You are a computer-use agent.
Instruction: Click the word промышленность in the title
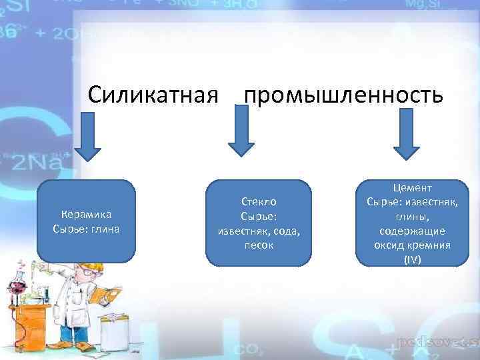point(343,95)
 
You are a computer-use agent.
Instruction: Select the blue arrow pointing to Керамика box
point(87,136)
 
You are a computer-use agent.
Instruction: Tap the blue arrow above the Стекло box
point(241,136)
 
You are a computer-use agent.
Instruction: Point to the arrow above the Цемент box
point(406,136)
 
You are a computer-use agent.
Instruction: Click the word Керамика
point(86,214)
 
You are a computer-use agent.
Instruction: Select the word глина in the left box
point(105,229)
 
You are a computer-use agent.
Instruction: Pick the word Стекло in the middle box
point(259,200)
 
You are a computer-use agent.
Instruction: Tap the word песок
point(259,245)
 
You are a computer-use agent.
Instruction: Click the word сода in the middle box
point(281,230)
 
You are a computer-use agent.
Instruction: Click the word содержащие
point(413,231)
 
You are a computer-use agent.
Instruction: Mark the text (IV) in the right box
point(413,259)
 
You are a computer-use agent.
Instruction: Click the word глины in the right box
point(413,216)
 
